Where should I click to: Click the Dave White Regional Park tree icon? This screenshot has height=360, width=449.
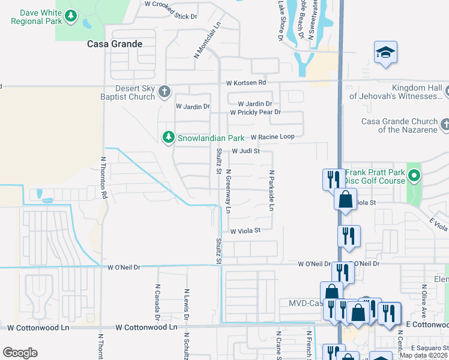click(x=71, y=16)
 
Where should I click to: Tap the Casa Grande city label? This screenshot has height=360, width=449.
click(x=115, y=44)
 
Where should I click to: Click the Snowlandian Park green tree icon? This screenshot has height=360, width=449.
click(x=169, y=137)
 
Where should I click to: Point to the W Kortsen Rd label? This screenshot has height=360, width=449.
click(x=246, y=83)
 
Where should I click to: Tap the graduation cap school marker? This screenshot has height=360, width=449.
click(x=386, y=53)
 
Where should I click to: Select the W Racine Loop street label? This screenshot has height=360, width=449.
click(x=273, y=137)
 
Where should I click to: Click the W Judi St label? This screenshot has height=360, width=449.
click(x=246, y=152)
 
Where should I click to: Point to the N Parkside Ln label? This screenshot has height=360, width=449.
click(x=271, y=190)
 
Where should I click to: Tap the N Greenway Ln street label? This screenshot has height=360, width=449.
click(x=228, y=191)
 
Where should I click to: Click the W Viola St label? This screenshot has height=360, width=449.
click(x=245, y=230)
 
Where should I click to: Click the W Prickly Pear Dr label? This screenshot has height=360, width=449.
click(x=255, y=112)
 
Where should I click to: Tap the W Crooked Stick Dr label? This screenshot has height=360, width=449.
click(x=171, y=4)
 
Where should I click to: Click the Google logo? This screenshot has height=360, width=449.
click(x=20, y=353)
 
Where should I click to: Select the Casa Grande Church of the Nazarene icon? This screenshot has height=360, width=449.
click(x=445, y=124)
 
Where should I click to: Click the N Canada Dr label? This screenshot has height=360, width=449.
click(x=157, y=302)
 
